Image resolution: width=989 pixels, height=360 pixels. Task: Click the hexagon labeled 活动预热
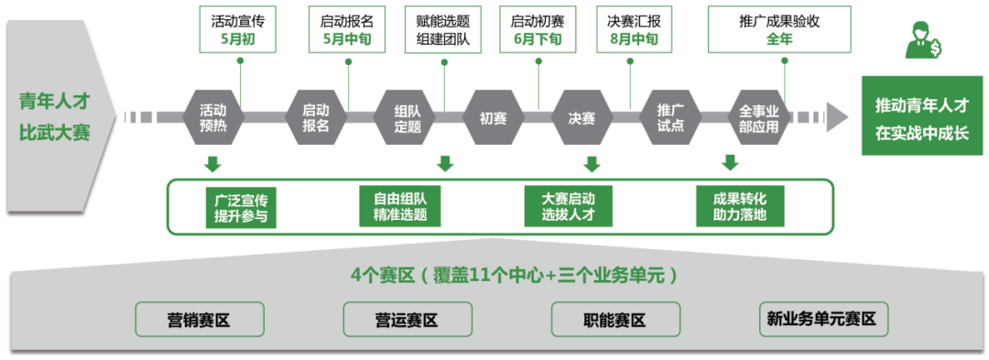tap(213, 117)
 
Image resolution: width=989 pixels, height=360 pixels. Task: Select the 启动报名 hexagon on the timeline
tap(316, 117)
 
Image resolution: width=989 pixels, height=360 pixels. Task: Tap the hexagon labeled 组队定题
tap(408, 117)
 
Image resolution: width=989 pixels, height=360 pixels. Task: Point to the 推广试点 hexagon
tap(670, 117)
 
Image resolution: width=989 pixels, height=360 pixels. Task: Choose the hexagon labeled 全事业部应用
tap(759, 117)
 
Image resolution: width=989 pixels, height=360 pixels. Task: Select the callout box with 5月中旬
tap(347, 27)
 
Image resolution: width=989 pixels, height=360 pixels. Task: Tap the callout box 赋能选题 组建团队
tap(445, 27)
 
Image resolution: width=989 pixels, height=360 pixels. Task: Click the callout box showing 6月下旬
tap(538, 27)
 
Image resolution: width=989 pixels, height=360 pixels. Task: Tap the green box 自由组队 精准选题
tap(400, 207)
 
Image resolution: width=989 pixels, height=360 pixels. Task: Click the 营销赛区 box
tap(200, 320)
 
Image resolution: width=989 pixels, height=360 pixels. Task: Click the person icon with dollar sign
tap(922, 38)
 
